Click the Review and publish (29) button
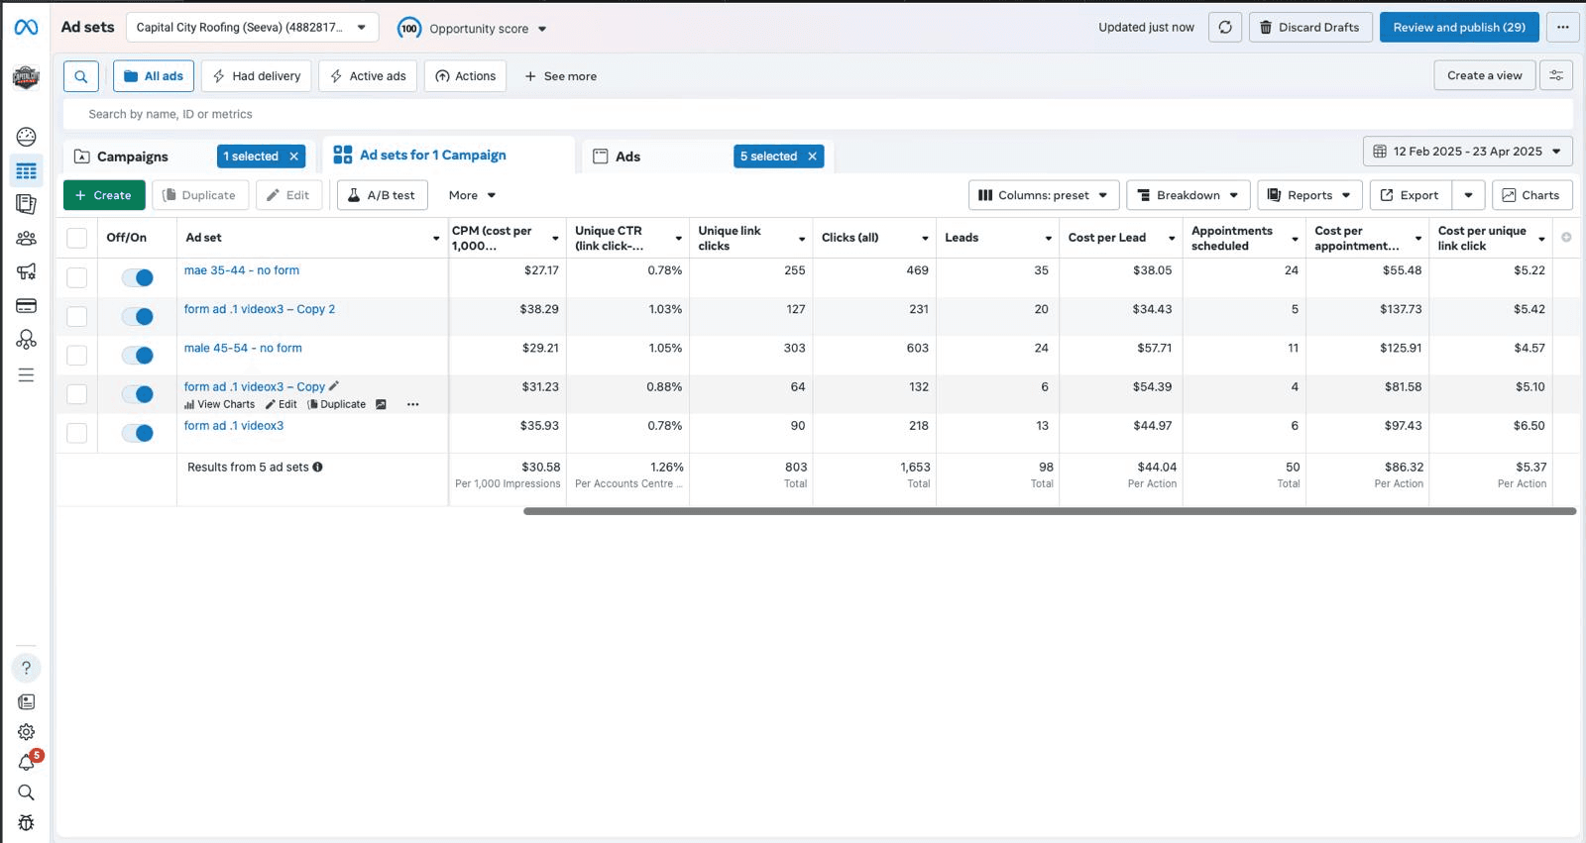(1458, 28)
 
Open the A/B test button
(383, 195)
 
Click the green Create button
(104, 195)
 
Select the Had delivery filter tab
(257, 75)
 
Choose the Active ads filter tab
(368, 75)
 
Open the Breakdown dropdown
(1189, 195)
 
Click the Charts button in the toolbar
(1532, 195)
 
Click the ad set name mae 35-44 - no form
(242, 269)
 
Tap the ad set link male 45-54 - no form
(243, 348)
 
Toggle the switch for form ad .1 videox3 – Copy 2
(138, 316)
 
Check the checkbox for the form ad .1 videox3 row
(76, 433)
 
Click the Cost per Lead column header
(1106, 237)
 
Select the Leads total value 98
(1046, 468)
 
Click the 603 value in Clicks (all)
(918, 349)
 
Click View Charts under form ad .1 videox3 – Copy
(219, 404)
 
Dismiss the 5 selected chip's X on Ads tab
(812, 157)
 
